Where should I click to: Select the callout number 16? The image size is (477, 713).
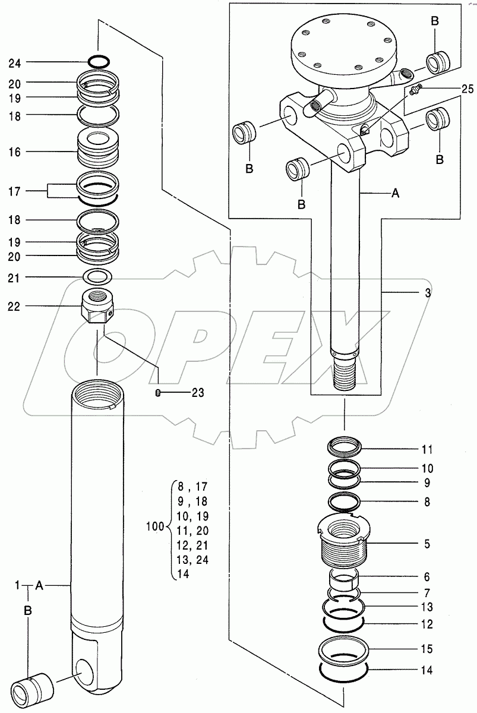coord(15,152)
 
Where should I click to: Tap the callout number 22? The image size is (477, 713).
coord(15,306)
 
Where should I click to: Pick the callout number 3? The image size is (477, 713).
coord(428,293)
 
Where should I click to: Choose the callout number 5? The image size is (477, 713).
coord(428,544)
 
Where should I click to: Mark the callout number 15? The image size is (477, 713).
coord(428,649)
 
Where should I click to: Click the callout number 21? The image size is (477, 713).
coord(15,277)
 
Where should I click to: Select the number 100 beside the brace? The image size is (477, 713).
coord(154,526)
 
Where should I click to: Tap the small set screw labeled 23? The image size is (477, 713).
coord(158,392)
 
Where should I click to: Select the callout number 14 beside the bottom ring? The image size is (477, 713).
coord(428,671)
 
